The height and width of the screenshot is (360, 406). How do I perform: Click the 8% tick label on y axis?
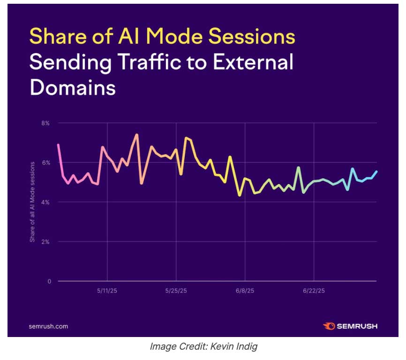pyautogui.click(x=45, y=123)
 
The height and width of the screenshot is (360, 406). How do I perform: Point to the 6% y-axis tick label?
pyautogui.click(x=45, y=162)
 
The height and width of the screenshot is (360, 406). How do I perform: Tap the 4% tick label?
pyautogui.click(x=45, y=202)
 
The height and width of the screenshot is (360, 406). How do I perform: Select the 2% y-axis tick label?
pyautogui.click(x=45, y=242)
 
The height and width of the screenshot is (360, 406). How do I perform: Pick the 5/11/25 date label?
pyautogui.click(x=108, y=291)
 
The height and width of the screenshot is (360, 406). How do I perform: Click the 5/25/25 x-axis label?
pyautogui.click(x=176, y=291)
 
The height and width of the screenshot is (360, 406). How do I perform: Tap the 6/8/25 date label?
pyautogui.click(x=245, y=291)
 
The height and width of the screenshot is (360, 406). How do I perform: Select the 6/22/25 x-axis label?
pyautogui.click(x=314, y=291)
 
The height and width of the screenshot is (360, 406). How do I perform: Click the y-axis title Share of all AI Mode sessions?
pyautogui.click(x=32, y=202)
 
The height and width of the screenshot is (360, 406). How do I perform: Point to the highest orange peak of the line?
pyautogui.click(x=136, y=135)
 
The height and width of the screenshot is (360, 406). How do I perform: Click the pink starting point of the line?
pyautogui.click(x=58, y=145)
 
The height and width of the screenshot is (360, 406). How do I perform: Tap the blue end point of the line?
pyautogui.click(x=376, y=172)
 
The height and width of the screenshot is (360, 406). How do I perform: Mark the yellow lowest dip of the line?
pyautogui.click(x=240, y=195)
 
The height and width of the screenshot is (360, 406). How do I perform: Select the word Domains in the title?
pyautogui.click(x=72, y=88)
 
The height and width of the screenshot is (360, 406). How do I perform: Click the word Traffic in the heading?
pyautogui.click(x=153, y=62)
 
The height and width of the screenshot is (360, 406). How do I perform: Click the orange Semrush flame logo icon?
pyautogui.click(x=329, y=326)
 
